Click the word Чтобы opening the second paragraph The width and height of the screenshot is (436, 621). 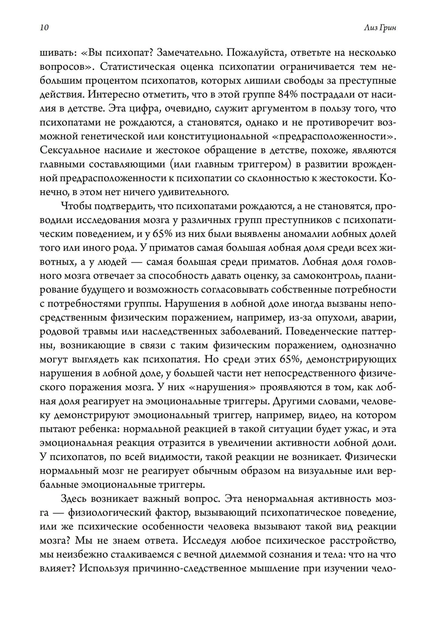click(x=75, y=206)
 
